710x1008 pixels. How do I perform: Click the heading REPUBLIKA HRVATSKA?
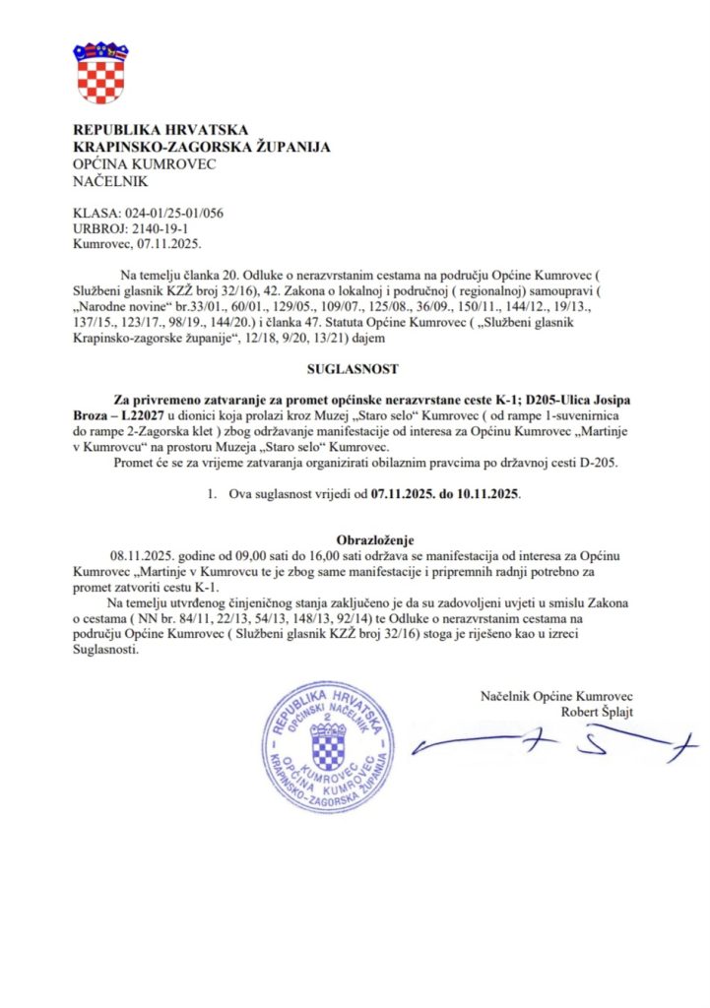(161, 130)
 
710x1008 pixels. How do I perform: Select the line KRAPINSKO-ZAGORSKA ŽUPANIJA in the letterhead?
(202, 147)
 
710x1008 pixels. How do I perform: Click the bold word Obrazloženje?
(355, 539)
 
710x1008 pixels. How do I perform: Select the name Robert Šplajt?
(598, 712)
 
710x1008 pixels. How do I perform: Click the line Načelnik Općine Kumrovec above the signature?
(556, 696)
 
